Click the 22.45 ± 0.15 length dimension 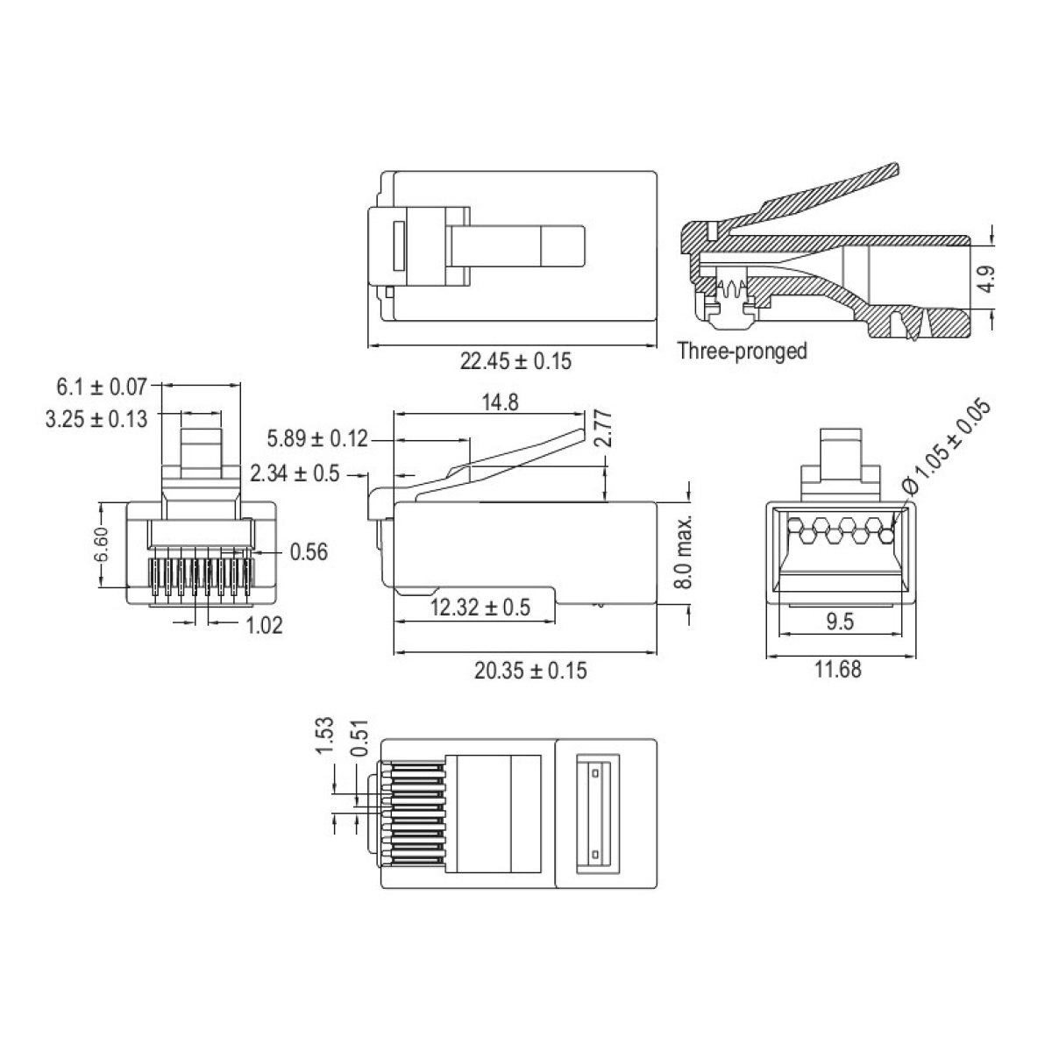515,361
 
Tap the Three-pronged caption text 742,352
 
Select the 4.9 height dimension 986,278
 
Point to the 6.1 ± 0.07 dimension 102,385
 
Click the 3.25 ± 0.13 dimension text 96,418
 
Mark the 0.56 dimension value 309,551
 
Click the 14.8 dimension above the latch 500,402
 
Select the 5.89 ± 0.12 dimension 317,438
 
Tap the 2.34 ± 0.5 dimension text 295,474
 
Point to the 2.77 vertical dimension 601,429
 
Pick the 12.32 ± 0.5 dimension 480,608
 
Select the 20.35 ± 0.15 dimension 530,671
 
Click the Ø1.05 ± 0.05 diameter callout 949,445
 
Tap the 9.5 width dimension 839,622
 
